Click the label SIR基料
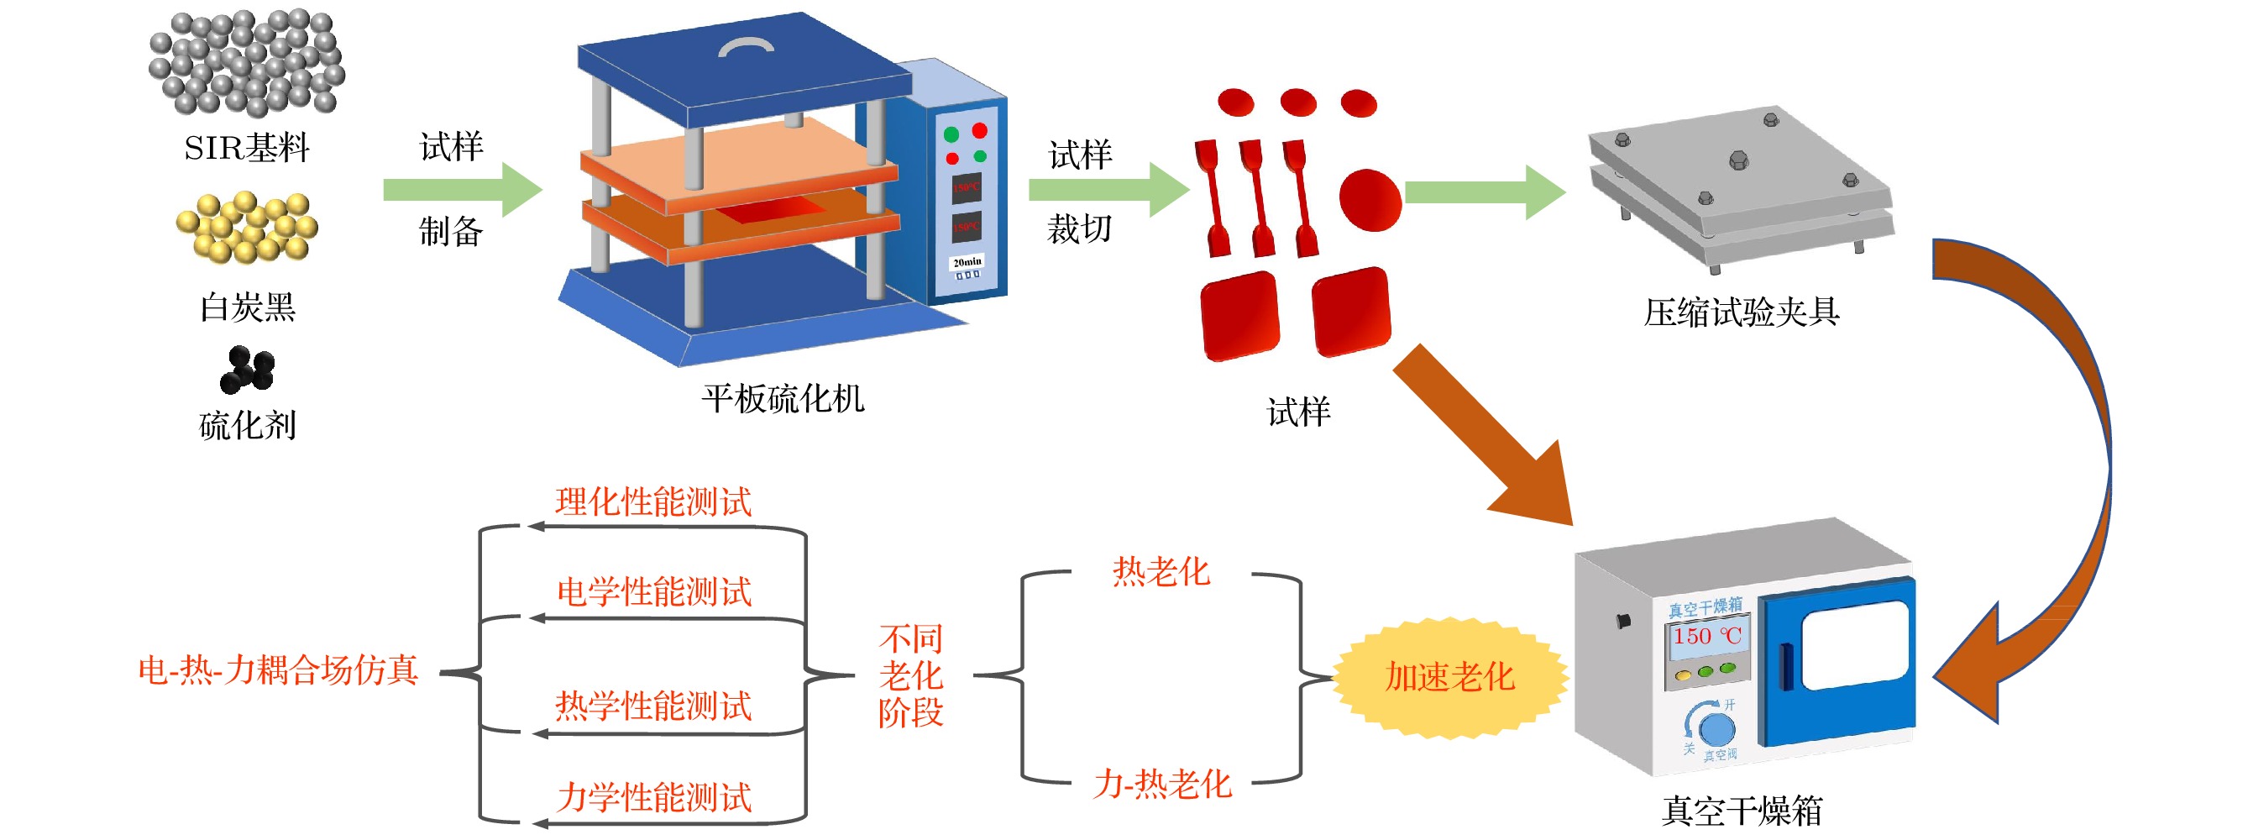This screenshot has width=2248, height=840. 246,148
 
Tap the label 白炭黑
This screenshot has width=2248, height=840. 247,307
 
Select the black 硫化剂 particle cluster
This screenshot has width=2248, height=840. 248,370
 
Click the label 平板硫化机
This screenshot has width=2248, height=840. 783,399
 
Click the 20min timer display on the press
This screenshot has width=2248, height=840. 966,262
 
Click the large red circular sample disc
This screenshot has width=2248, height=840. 1370,200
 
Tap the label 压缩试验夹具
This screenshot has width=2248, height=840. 1741,312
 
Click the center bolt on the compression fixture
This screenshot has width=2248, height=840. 1738,160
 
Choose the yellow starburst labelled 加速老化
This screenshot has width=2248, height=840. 1449,678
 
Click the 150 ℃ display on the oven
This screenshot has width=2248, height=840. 1706,636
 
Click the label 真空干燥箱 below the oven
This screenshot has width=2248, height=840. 1741,811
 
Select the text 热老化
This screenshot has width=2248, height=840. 1161,572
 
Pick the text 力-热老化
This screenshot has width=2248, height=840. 1162,784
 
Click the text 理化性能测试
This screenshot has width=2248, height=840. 653,502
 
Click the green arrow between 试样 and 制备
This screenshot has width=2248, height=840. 463,190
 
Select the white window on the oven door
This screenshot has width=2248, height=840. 1854,644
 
